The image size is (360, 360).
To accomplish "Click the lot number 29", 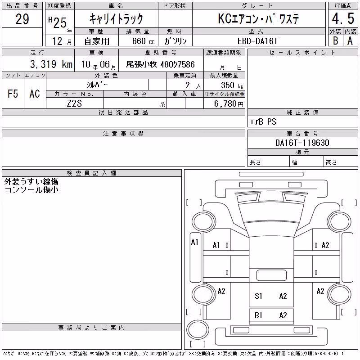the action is pyautogui.click(x=22, y=19).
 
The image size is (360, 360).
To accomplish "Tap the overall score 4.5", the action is pyautogui.click(x=343, y=18).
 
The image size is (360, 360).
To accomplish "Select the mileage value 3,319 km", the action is pyautogui.click(x=51, y=64).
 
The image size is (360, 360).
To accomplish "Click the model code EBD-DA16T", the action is pyautogui.click(x=257, y=41).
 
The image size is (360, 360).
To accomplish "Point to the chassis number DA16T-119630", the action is pyautogui.click(x=302, y=143).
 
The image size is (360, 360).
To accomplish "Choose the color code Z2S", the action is pyautogui.click(x=74, y=103).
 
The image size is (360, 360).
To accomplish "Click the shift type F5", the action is pyautogui.click(x=13, y=94).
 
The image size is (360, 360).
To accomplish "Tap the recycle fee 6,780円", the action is pyautogui.click(x=229, y=103).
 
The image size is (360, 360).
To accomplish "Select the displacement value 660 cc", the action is pyautogui.click(x=143, y=41).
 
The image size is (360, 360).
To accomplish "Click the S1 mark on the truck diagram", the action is pyautogui.click(x=258, y=296).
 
